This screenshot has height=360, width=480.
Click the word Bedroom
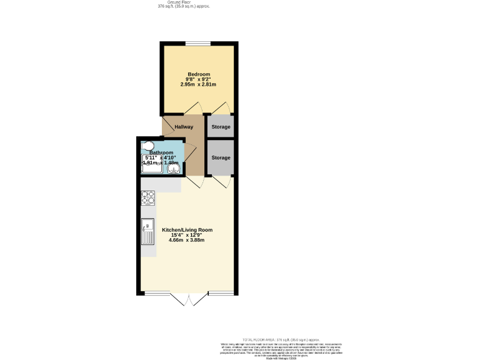coord(199,74)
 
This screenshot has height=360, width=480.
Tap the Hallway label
coord(184,127)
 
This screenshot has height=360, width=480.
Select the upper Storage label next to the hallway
coord(221,127)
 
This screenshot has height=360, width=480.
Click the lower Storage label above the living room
coord(221,157)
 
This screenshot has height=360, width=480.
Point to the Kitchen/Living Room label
coord(187,230)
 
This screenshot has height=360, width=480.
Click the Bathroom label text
coord(161,152)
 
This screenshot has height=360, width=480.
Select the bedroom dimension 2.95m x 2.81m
coord(199,84)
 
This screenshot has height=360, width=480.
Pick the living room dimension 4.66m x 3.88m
coord(187,240)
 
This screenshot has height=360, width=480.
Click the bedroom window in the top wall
coord(197,44)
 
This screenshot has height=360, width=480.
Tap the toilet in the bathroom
coord(147,146)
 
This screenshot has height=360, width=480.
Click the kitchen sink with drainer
coord(148,232)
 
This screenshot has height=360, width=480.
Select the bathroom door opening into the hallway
coord(190,153)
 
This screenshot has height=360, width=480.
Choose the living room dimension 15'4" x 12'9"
coord(187,235)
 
